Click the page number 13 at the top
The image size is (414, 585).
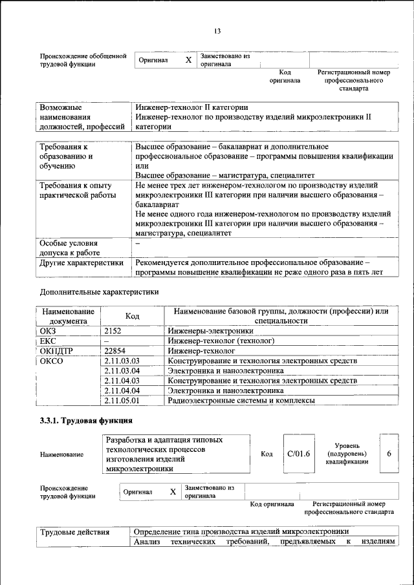pyautogui.click(x=217, y=30)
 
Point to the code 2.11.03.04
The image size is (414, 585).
pyautogui.click(x=122, y=370)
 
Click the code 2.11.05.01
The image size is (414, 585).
pyautogui.click(x=122, y=401)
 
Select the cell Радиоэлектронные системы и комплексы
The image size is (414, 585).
pyautogui.click(x=241, y=401)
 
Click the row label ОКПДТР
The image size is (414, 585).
pyautogui.click(x=55, y=350)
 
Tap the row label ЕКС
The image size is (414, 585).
pyautogui.click(x=48, y=341)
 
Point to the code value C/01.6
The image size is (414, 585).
pyautogui.click(x=298, y=454)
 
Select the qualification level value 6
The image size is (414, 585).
pyautogui.click(x=389, y=454)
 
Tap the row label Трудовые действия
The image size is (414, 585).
pyautogui.click(x=74, y=532)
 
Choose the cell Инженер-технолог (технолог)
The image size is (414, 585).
pyautogui.click(x=221, y=341)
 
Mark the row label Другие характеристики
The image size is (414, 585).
pyautogui.click(x=82, y=263)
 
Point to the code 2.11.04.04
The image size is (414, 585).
pyautogui.click(x=122, y=390)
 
